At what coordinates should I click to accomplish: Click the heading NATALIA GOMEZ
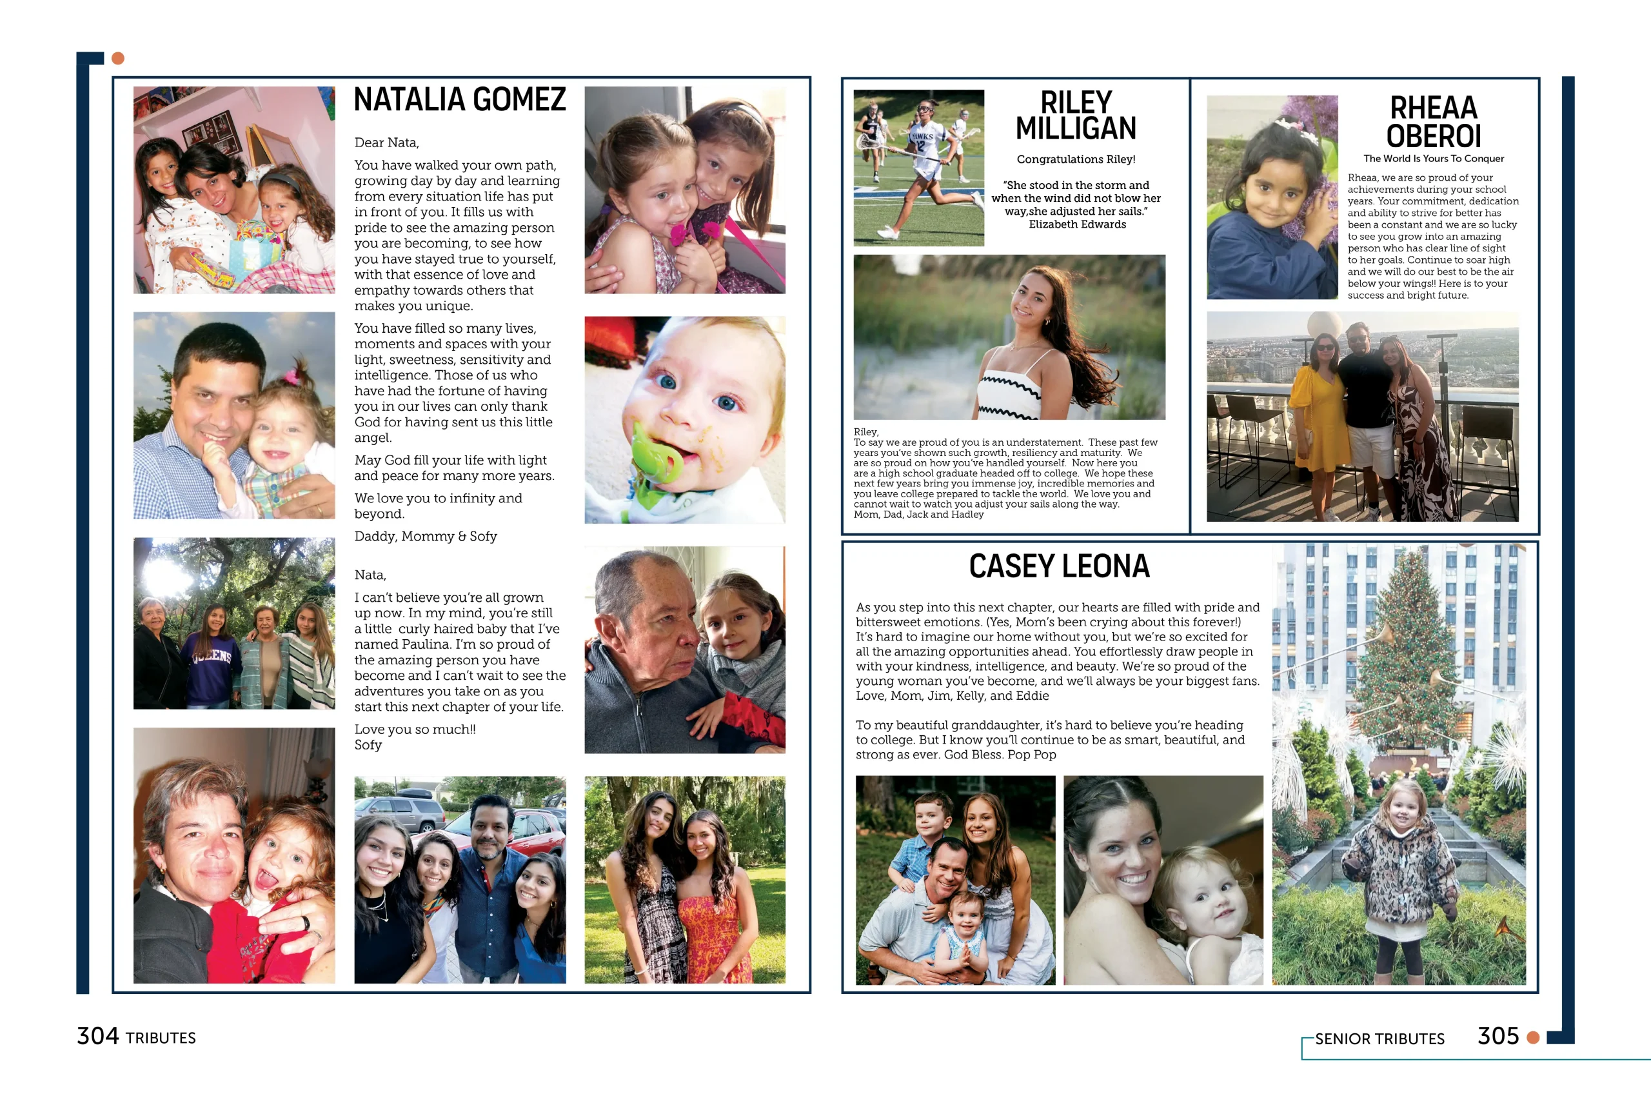[x=459, y=100]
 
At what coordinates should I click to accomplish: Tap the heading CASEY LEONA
[x=1058, y=566]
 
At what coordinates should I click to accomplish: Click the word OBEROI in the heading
[x=1434, y=136]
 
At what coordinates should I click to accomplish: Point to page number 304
[x=97, y=1036]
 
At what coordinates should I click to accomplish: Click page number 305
[x=1498, y=1036]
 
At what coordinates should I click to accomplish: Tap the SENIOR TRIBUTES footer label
[x=1379, y=1038]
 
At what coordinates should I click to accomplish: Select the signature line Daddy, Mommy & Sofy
[x=426, y=537]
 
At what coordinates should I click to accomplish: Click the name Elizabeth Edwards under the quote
[x=1077, y=224]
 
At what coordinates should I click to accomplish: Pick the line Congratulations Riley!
[x=1075, y=159]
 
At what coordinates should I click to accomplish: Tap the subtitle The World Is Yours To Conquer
[x=1434, y=159]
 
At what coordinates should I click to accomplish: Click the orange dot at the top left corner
[x=118, y=58]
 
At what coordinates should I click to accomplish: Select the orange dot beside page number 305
[x=1533, y=1037]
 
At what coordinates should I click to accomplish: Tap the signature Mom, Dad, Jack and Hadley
[x=918, y=515]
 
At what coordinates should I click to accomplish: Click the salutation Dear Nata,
[x=386, y=143]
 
